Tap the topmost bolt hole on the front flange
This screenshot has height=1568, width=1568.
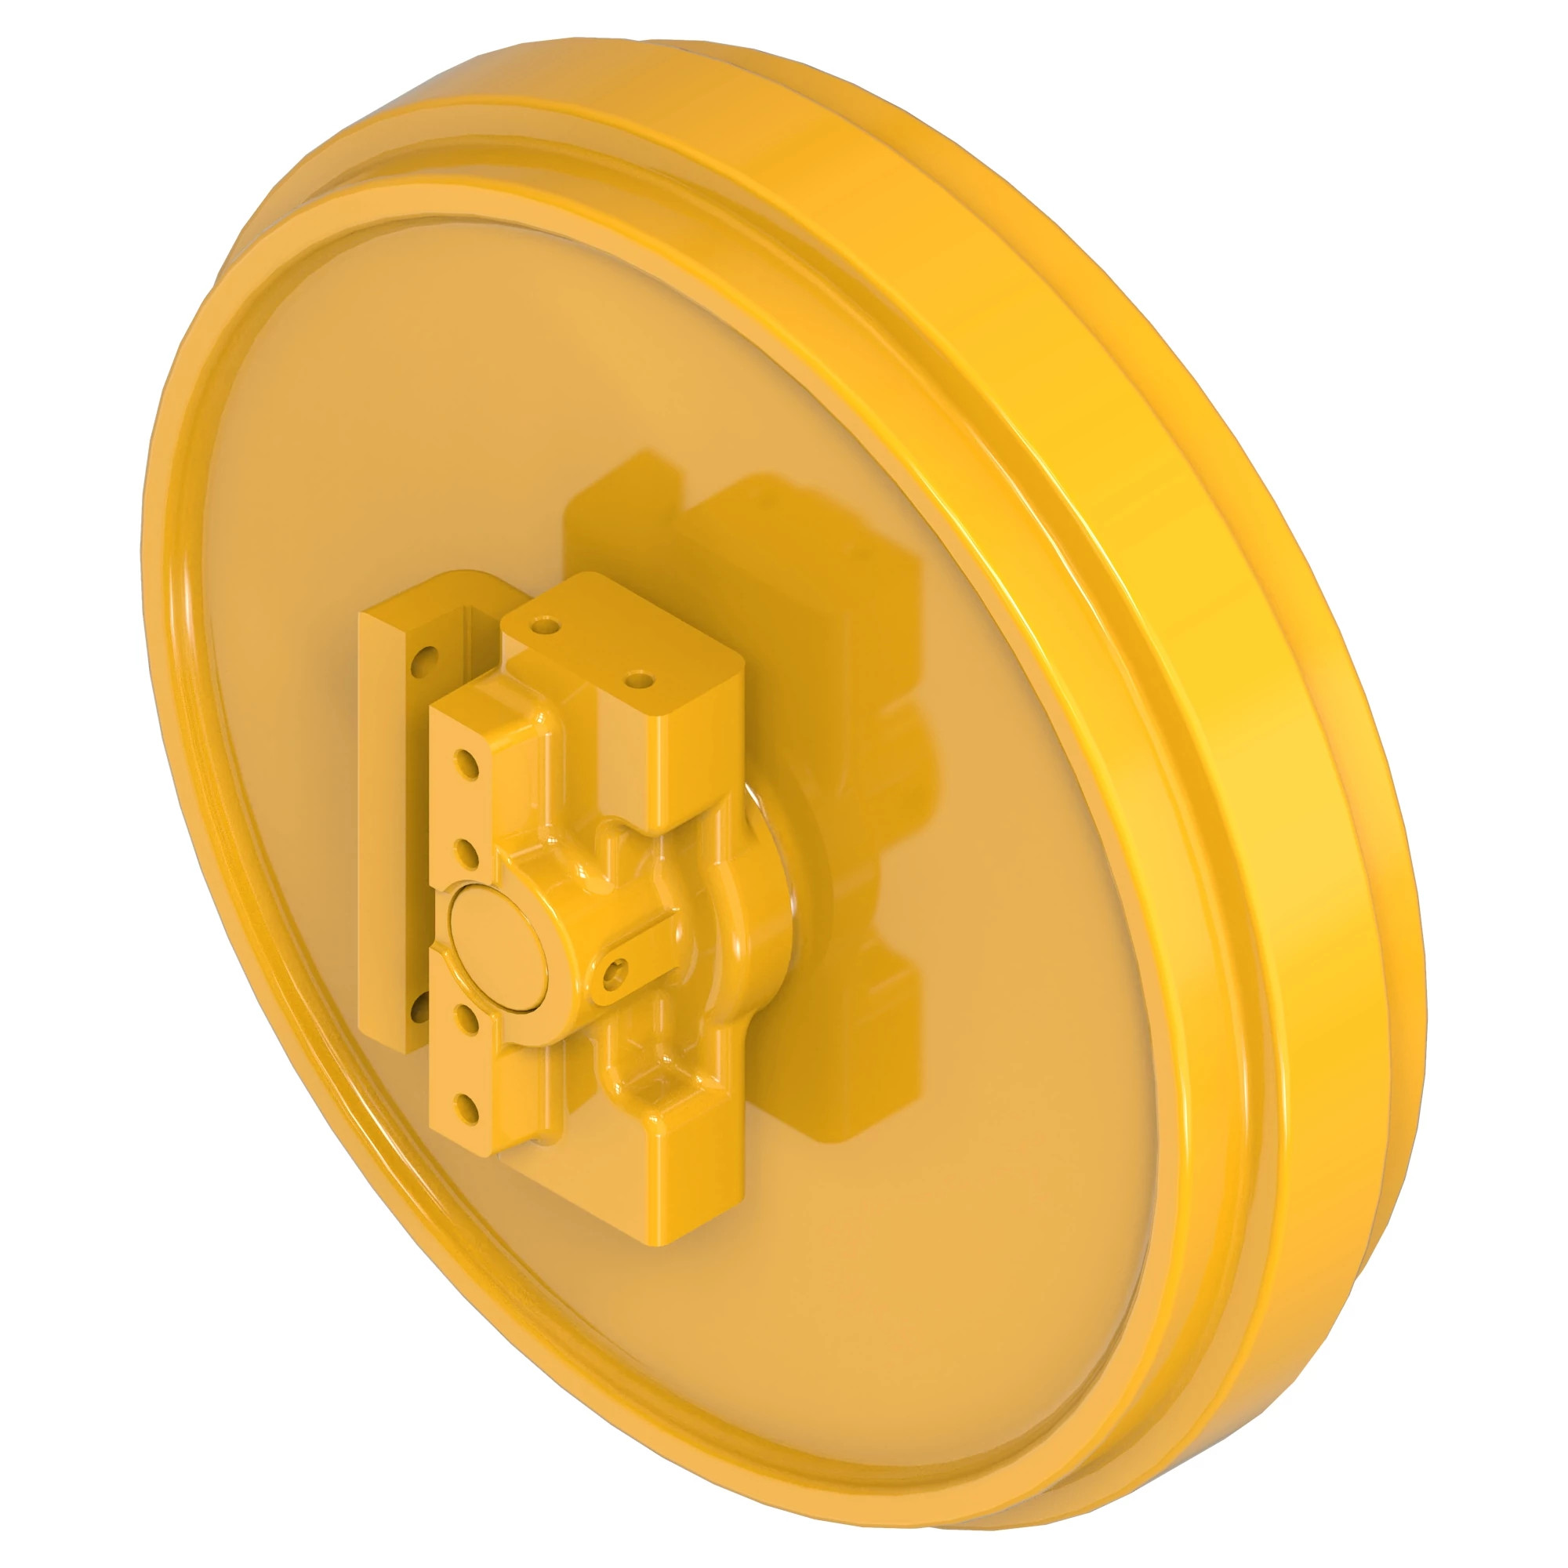(468, 763)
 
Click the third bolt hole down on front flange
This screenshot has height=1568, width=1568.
(466, 1014)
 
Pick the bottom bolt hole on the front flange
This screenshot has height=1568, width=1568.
(465, 1105)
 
